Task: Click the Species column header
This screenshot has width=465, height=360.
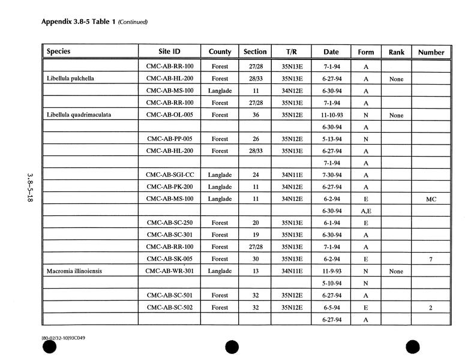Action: (x=59, y=52)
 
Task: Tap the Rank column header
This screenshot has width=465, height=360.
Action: (x=397, y=52)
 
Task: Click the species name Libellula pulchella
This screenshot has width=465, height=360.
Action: (x=70, y=79)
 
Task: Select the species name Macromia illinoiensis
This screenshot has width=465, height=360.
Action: (x=74, y=271)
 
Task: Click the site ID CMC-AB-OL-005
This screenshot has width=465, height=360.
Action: (x=170, y=115)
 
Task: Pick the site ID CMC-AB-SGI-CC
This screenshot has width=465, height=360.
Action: (x=170, y=175)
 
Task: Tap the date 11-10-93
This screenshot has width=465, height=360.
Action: (x=331, y=115)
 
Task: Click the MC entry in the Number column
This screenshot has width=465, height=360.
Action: (x=431, y=199)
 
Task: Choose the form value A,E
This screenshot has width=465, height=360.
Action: (x=366, y=211)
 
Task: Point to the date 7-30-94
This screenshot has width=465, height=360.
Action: (x=331, y=175)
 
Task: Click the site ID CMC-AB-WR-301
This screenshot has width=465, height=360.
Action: (x=170, y=271)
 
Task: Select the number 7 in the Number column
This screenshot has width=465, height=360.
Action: (x=431, y=259)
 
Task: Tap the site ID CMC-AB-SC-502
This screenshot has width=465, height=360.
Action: (x=170, y=307)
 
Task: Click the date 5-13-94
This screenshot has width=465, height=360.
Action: (x=331, y=139)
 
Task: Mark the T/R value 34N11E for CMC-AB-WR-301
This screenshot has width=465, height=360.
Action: (x=292, y=271)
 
